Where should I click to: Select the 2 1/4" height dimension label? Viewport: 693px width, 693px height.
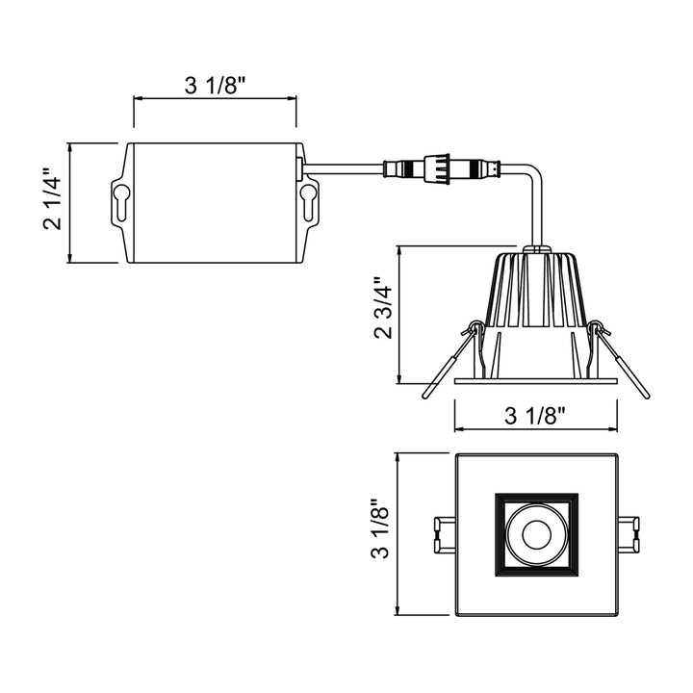point(53,202)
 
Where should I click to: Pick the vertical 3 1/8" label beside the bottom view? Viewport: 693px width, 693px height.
point(384,534)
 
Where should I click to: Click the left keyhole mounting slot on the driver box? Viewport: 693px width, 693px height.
point(121,202)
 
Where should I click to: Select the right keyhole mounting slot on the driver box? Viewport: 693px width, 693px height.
point(308,202)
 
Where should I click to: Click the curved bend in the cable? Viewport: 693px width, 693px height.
point(529,179)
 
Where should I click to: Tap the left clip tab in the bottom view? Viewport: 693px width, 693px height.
point(444,535)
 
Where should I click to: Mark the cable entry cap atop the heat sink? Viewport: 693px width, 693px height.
point(537,250)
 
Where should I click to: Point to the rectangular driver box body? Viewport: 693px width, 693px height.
point(215,202)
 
